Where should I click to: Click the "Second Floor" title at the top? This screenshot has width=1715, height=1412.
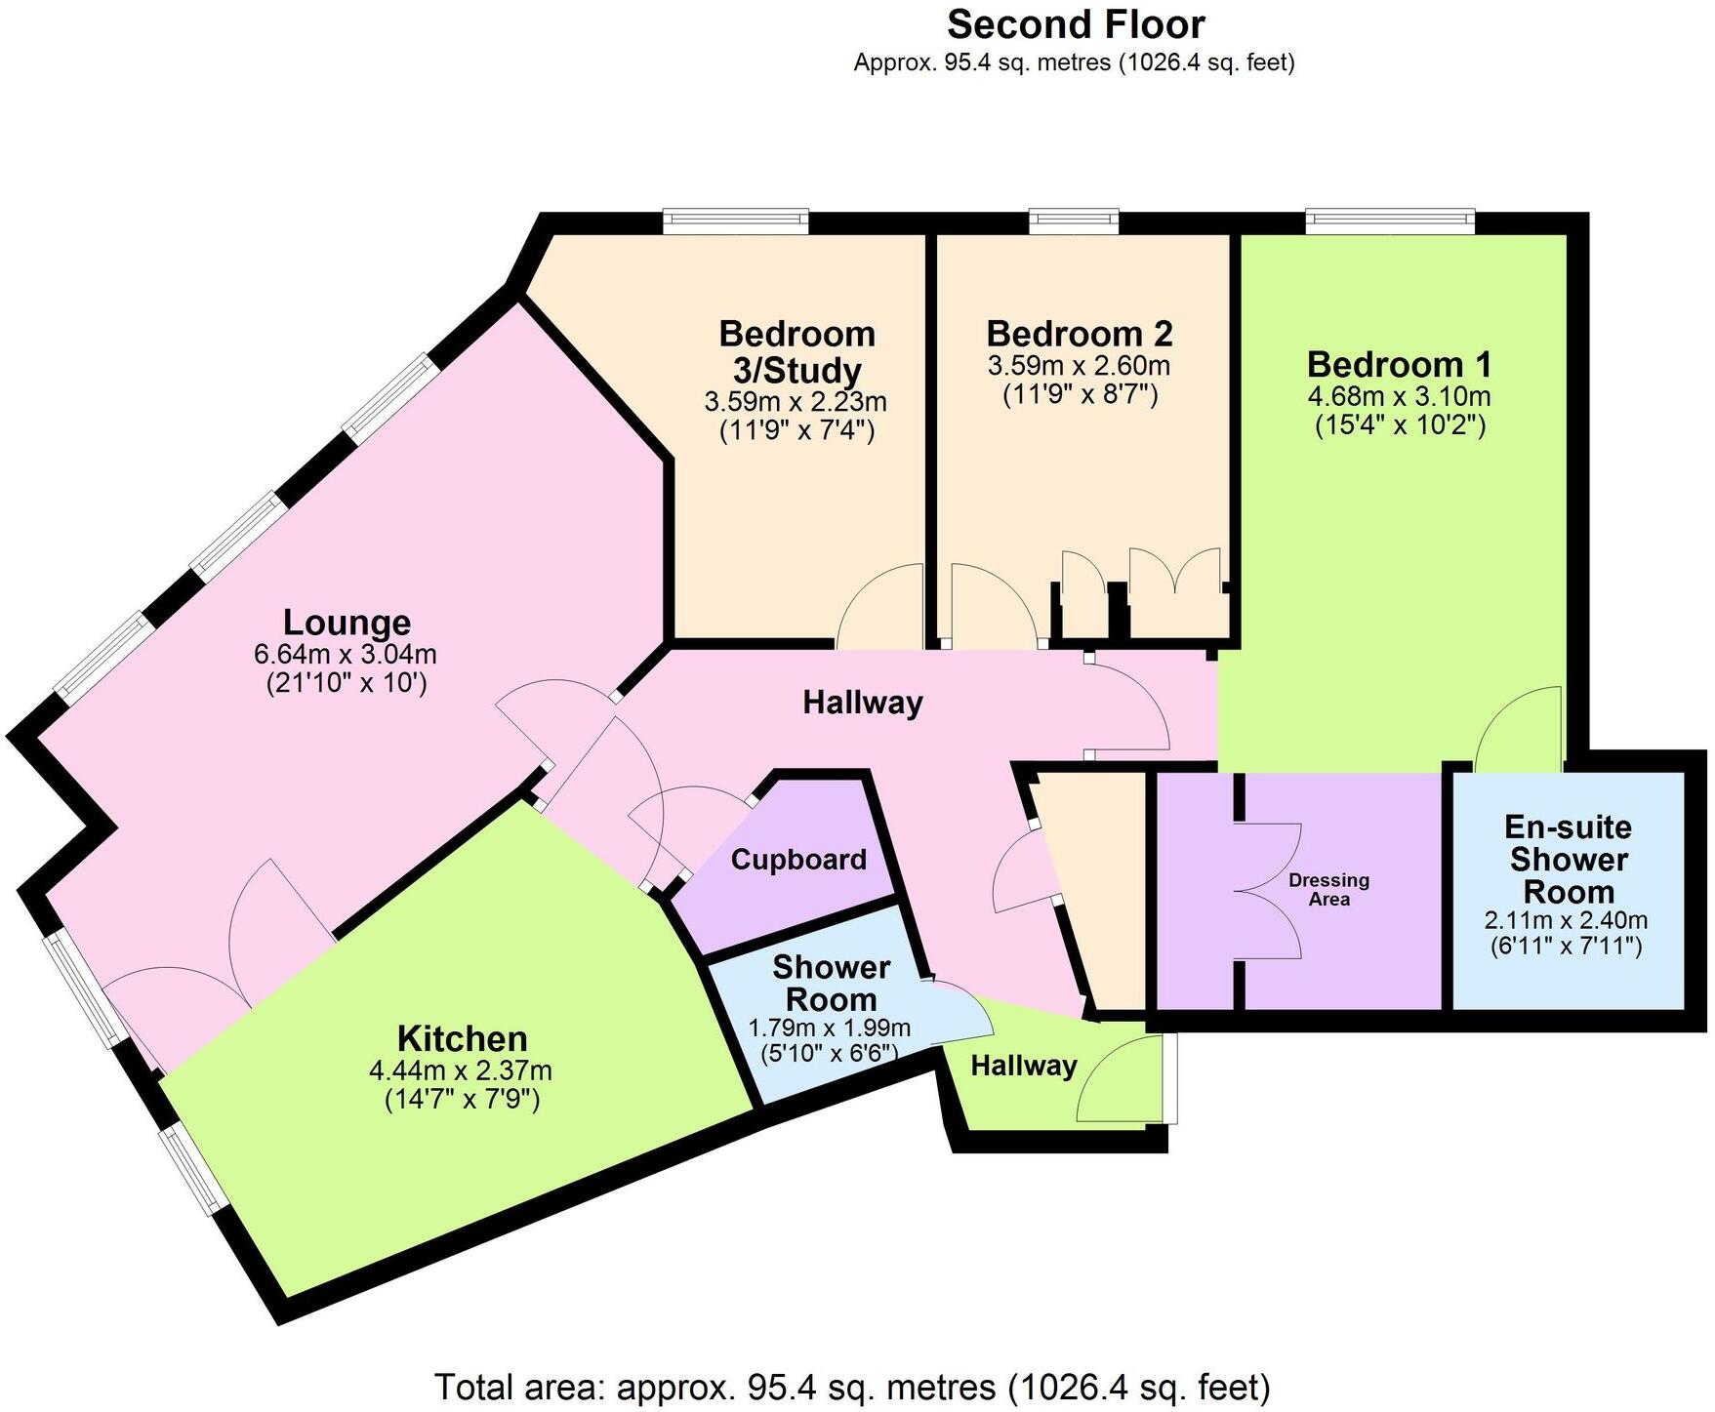pos(1076,24)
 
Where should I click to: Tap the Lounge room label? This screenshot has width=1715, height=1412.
pos(347,623)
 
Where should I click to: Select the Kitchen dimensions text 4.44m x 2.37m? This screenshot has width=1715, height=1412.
pos(460,1070)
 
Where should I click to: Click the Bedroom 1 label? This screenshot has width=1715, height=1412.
pos(1400,366)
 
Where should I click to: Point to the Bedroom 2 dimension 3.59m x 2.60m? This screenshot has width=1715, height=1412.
pos(1079,367)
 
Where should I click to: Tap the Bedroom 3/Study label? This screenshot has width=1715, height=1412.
pos(796,351)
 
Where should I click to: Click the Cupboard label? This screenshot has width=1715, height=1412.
pos(798,860)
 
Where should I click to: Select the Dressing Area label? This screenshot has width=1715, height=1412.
pos(1328,889)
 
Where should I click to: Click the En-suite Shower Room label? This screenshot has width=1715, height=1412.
pos(1568,860)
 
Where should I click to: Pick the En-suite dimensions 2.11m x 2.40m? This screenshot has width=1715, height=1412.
pos(1566,919)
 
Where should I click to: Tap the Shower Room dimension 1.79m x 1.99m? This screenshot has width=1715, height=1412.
pos(830,1028)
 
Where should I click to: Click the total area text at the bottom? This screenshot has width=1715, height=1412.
pos(852,1387)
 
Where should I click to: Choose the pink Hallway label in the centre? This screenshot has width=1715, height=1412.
pos(863,703)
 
